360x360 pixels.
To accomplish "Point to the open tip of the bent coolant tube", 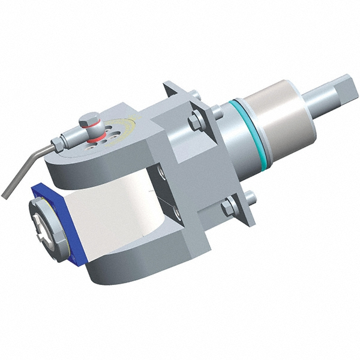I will [x=5, y=194].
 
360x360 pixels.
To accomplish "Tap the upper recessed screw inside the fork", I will [x=161, y=175].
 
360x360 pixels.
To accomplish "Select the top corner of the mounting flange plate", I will [x=167, y=84].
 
